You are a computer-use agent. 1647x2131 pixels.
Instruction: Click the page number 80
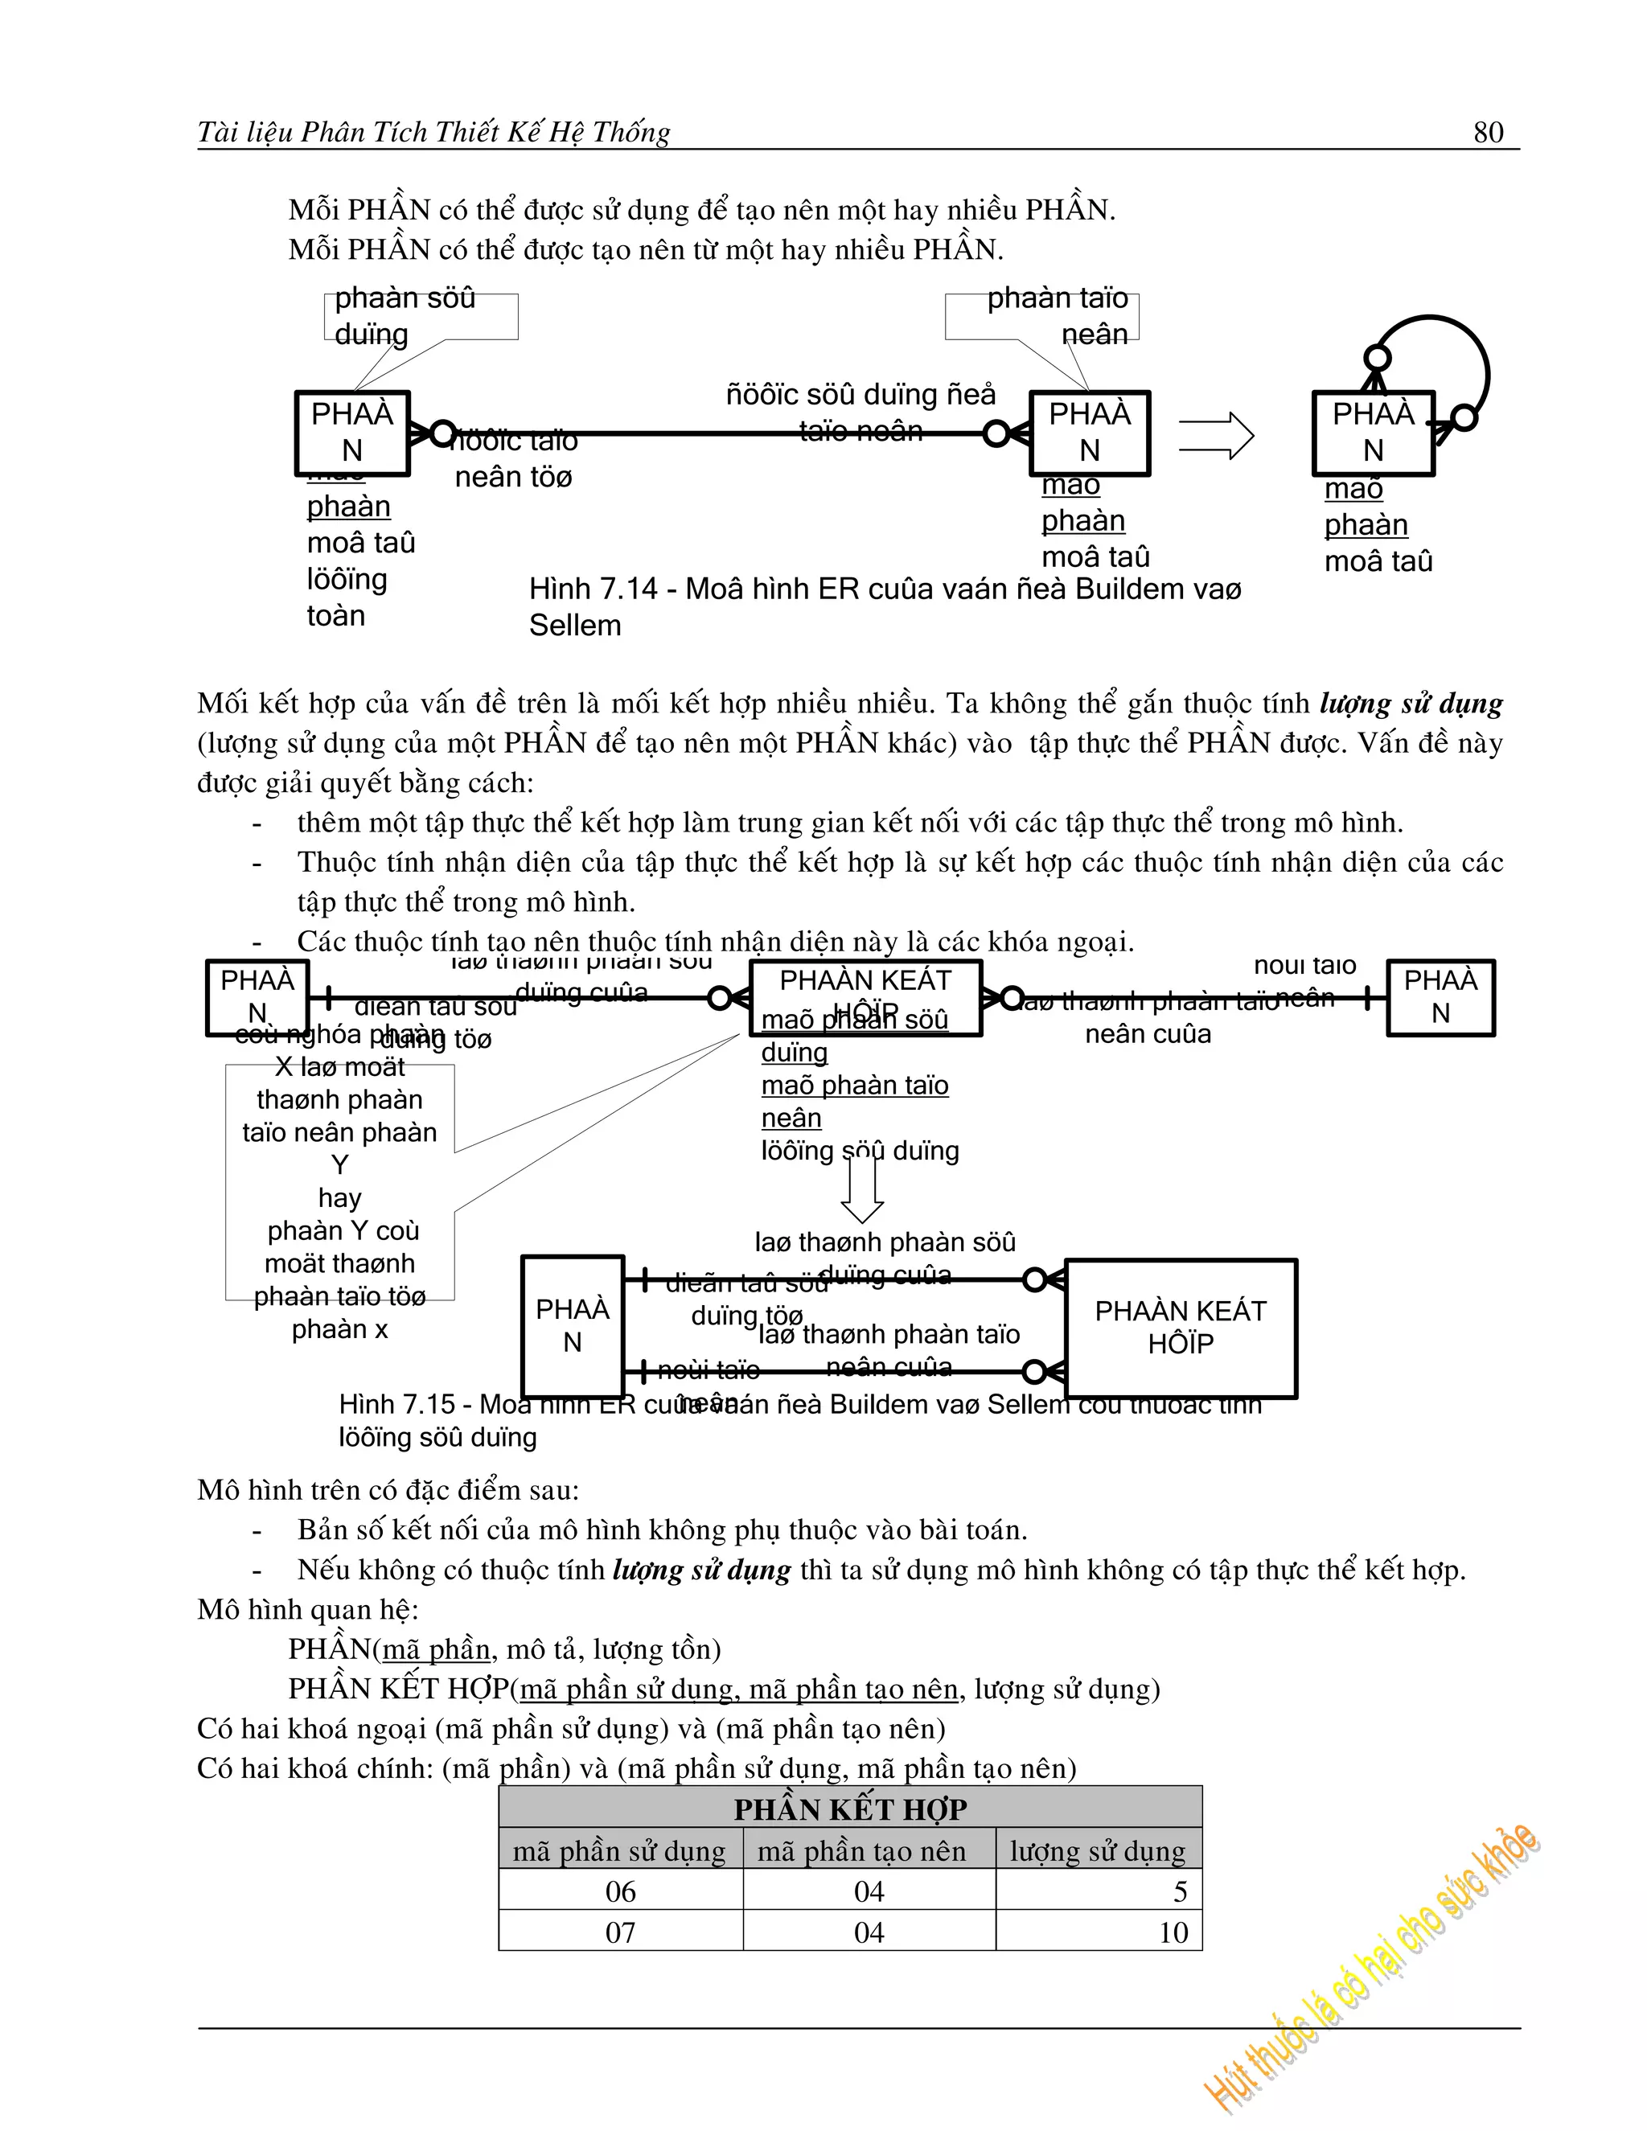1488,132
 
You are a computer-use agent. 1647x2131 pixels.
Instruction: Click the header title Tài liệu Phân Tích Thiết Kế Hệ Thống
433,132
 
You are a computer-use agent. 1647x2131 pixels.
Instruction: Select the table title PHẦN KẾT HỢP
850,1810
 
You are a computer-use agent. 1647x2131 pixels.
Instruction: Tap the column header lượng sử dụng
1098,1851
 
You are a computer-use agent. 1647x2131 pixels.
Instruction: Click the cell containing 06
621,1892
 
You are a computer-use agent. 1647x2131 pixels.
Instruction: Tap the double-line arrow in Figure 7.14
1215,435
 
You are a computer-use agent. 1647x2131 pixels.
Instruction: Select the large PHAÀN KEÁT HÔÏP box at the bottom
1181,1328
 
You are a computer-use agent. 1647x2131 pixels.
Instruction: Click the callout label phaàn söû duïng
405,315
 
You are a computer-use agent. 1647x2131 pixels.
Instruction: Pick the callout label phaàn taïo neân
1058,315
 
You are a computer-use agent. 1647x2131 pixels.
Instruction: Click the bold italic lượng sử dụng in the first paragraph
1410,704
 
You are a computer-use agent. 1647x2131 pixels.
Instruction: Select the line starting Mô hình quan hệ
307,1609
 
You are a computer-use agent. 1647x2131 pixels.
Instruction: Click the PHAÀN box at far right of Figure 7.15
1440,997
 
